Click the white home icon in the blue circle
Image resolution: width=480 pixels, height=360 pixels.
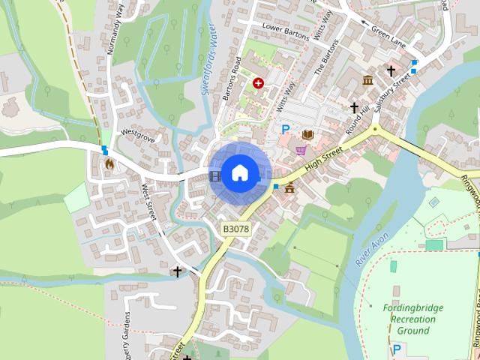tap(239, 173)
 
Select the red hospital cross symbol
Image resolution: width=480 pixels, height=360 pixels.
tap(259, 83)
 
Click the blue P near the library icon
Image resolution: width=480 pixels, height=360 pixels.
tap(285, 130)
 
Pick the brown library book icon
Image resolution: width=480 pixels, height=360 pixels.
tap(307, 134)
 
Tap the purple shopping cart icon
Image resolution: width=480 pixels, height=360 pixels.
tap(301, 151)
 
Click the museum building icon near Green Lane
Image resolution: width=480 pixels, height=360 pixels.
tap(367, 80)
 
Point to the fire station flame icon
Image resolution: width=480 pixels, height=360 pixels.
tap(109, 162)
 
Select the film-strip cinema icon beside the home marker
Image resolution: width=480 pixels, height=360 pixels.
tap(216, 176)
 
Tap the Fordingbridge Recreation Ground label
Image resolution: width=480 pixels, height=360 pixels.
tap(413, 319)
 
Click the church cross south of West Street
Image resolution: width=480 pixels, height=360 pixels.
tap(178, 271)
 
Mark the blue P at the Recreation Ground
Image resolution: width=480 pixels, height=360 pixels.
tap(397, 349)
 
